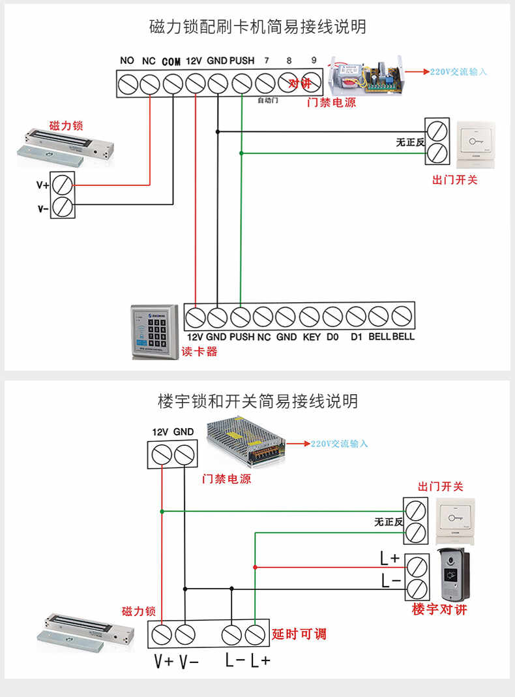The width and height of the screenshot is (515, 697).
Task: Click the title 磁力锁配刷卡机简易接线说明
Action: click(x=257, y=27)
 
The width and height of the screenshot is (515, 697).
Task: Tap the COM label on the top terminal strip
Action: click(x=171, y=61)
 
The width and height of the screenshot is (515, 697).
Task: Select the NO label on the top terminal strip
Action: click(x=127, y=61)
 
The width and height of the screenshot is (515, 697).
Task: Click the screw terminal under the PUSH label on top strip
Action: click(x=242, y=84)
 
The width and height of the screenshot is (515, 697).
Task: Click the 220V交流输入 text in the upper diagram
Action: click(x=458, y=71)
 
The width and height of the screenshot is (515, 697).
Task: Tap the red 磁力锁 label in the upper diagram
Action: click(x=66, y=125)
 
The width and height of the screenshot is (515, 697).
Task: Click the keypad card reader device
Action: click(x=154, y=332)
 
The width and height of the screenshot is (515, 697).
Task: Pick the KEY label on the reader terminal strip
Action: click(x=312, y=337)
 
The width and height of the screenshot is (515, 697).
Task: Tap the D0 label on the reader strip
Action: click(x=332, y=337)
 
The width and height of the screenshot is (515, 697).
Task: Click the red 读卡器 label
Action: click(x=199, y=352)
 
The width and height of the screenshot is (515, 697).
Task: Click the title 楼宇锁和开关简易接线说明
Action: click(x=257, y=401)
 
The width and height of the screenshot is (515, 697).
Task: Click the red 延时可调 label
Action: click(x=299, y=634)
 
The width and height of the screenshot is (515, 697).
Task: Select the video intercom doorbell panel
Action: click(x=456, y=574)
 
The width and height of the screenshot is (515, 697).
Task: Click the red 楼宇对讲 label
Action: click(x=439, y=610)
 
